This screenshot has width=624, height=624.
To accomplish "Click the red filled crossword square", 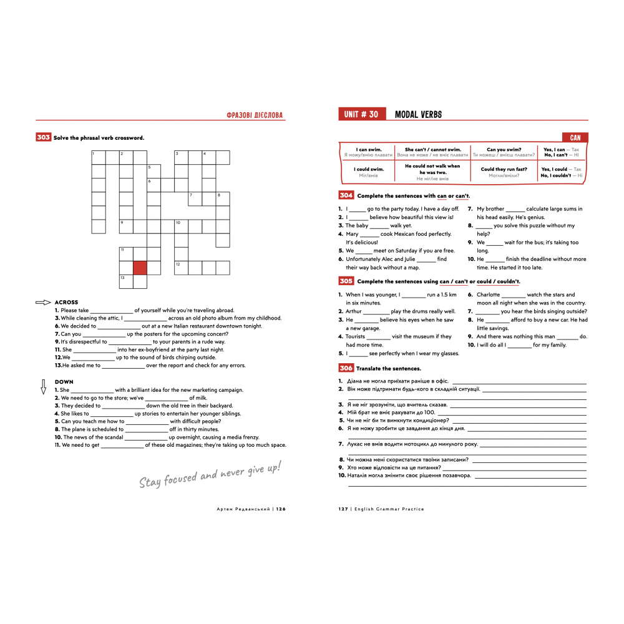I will click(x=140, y=268).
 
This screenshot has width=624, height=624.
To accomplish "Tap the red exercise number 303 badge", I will click(x=43, y=137).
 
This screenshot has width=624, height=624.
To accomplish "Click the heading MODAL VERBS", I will click(x=418, y=114).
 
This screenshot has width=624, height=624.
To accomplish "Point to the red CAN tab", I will click(x=575, y=137).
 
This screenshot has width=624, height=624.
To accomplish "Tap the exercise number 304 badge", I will click(x=346, y=195).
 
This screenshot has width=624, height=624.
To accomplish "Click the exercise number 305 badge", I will click(x=346, y=281).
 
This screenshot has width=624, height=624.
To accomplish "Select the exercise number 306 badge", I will click(x=346, y=368).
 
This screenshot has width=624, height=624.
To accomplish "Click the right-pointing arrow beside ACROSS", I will click(x=43, y=303).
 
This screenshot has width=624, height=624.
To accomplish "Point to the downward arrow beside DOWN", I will click(x=43, y=387).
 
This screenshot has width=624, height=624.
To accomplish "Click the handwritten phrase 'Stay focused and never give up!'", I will click(x=210, y=474).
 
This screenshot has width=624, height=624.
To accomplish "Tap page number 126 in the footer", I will click(x=280, y=509).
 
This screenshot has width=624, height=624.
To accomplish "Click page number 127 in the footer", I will click(x=343, y=509).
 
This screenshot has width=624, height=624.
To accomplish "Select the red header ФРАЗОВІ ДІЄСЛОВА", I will click(x=255, y=115).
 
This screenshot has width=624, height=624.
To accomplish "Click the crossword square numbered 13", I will click(x=126, y=281).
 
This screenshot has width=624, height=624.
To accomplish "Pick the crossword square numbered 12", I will click(x=181, y=268).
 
